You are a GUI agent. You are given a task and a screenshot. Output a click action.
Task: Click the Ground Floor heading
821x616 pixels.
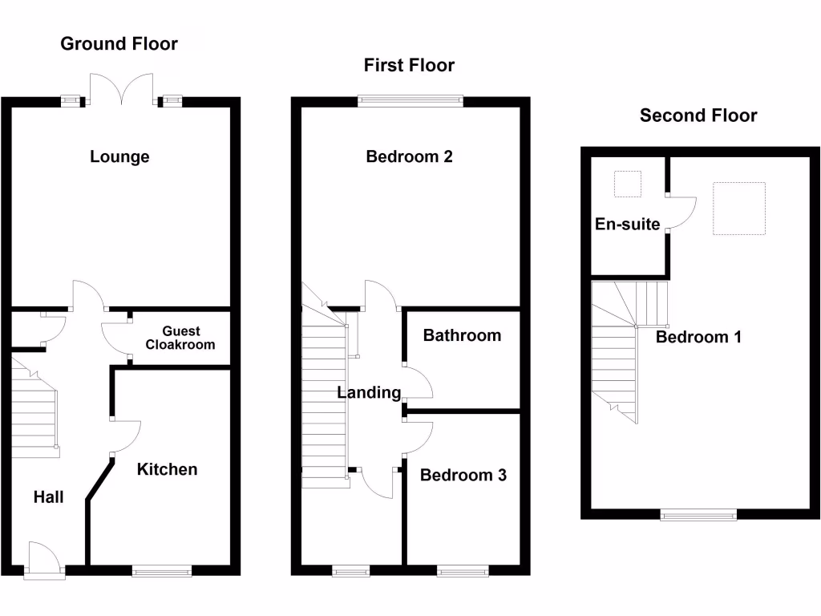tap(119, 43)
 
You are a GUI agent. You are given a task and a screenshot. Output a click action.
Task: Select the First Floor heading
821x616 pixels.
tap(409, 65)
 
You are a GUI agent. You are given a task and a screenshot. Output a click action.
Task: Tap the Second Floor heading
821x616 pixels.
tap(698, 115)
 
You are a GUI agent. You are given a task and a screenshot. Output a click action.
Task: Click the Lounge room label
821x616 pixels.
tap(119, 156)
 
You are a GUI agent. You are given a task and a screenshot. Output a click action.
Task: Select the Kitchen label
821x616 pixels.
tap(167, 469)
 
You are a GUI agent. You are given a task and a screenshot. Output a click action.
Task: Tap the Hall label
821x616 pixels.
tap(48, 497)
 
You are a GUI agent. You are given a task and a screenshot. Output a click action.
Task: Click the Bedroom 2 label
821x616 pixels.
tap(409, 156)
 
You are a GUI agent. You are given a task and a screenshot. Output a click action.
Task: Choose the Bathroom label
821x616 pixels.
tap(462, 335)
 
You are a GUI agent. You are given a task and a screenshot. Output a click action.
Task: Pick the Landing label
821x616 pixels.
tap(369, 393)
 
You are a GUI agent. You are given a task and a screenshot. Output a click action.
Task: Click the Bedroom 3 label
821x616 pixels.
tap(463, 475)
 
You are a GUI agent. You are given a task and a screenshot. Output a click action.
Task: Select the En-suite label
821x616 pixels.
tap(627, 224)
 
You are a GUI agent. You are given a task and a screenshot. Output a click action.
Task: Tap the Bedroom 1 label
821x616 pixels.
tap(698, 337)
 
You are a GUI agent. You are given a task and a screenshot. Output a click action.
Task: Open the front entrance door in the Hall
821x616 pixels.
tap(40, 560)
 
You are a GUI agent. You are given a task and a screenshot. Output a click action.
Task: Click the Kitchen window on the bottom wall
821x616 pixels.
tap(162, 571)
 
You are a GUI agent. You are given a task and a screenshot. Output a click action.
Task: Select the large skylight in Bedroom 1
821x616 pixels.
tap(738, 209)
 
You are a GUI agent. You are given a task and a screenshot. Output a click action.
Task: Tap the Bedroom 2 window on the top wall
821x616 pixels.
tap(410, 101)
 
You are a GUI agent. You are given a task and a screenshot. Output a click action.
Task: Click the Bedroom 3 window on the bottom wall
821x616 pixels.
tap(463, 571)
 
